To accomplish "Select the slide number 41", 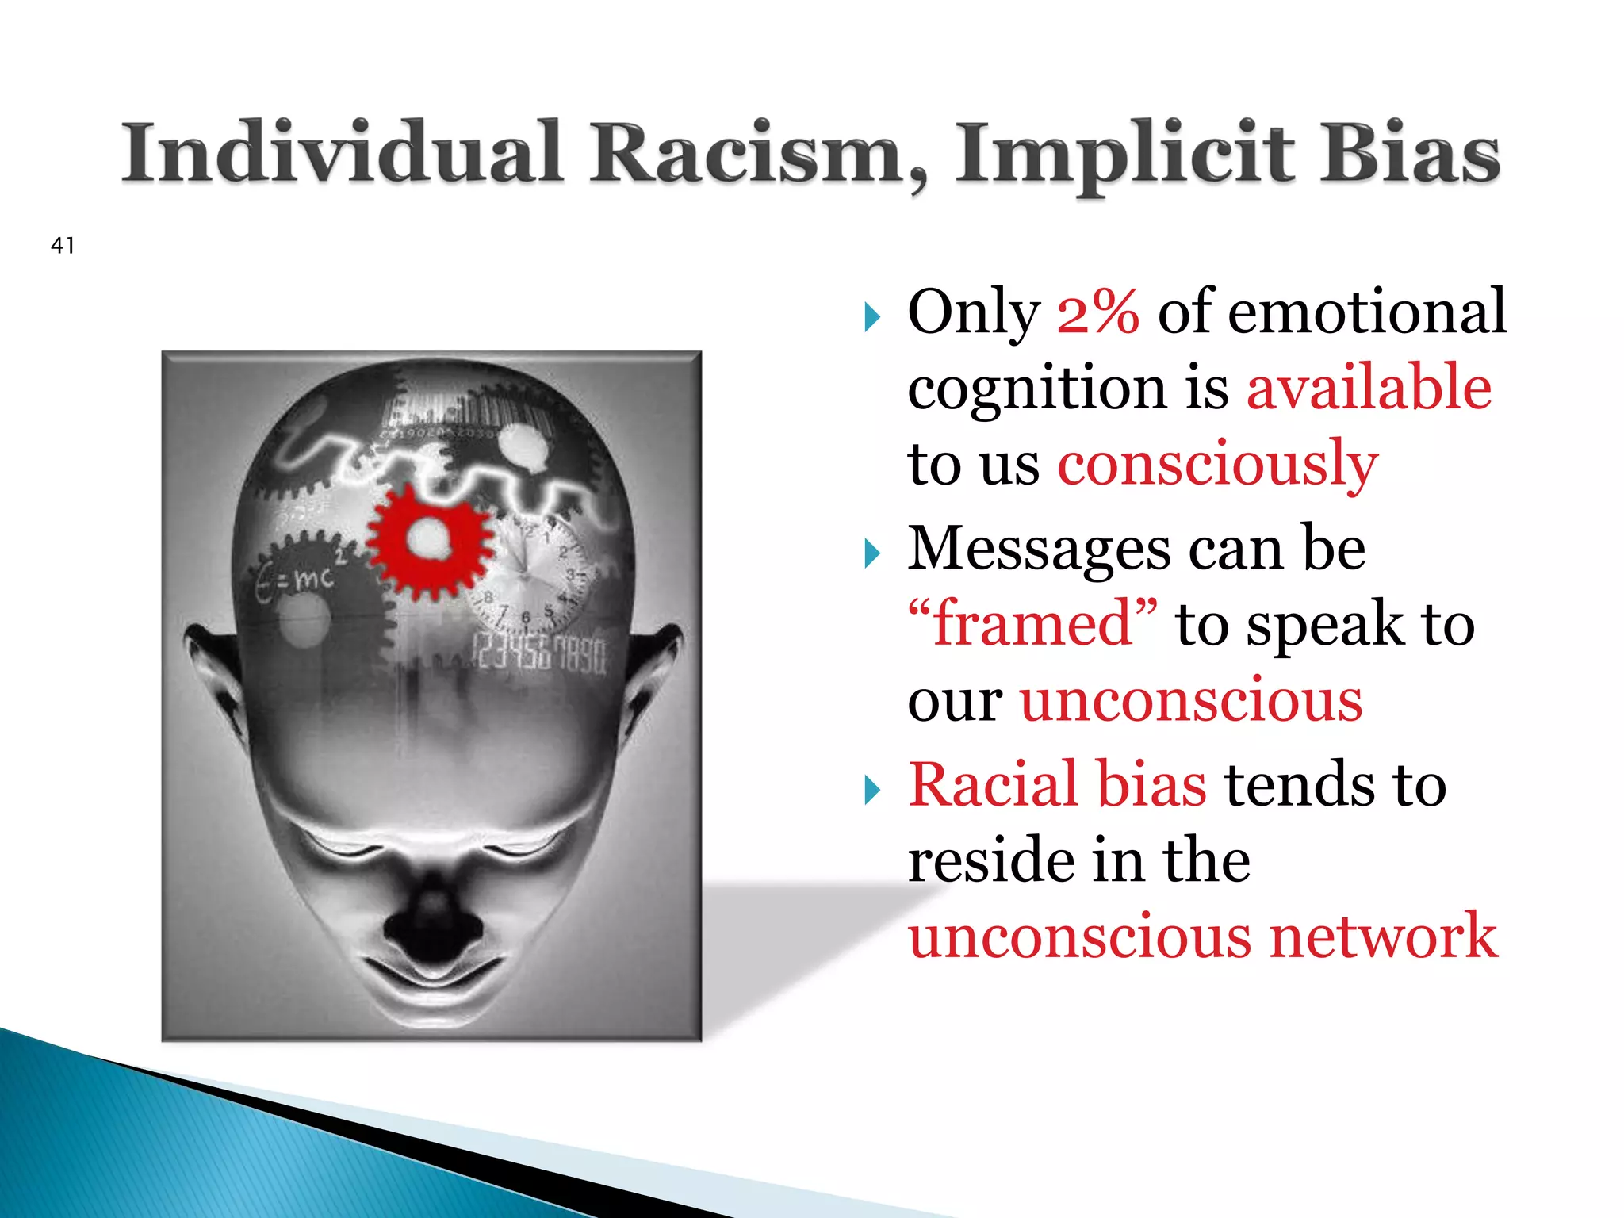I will click(63, 246).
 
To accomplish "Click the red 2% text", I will click(1098, 312).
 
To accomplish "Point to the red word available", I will click(1369, 388).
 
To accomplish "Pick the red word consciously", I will click(1218, 465).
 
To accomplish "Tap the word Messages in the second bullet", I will click(1038, 549).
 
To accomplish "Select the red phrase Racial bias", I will click(1058, 785).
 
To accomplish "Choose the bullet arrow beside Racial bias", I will click(872, 790).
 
